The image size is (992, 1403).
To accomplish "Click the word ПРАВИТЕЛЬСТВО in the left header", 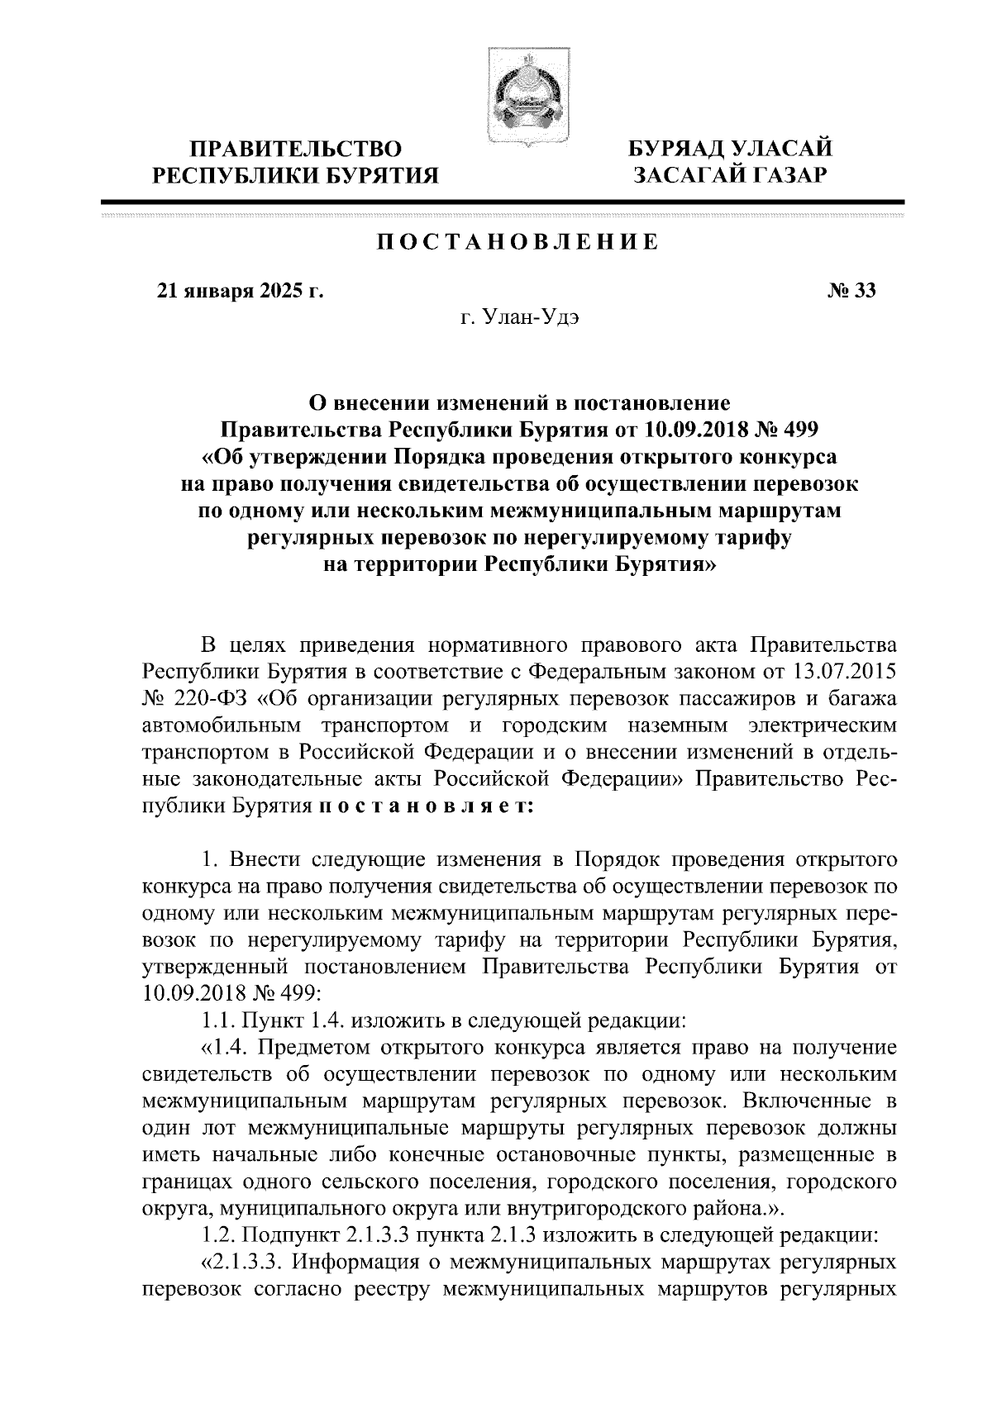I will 296,149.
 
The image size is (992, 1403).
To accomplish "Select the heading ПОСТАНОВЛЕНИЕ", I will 518,243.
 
